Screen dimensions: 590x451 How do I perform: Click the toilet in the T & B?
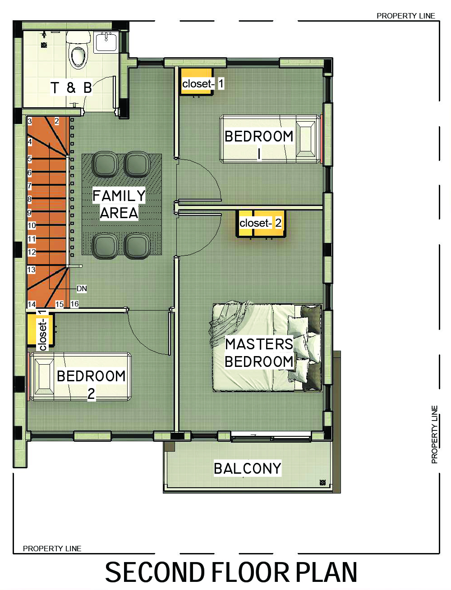[78, 56]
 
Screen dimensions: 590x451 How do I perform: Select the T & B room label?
[71, 87]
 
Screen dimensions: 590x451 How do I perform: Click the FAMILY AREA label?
[119, 204]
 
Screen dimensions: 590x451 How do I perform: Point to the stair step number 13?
[31, 270]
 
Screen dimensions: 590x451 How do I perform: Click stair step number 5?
[30, 159]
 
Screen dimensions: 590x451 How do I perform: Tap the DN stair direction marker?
[82, 288]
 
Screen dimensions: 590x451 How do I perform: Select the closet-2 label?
[261, 223]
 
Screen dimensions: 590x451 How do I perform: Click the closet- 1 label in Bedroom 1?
[202, 83]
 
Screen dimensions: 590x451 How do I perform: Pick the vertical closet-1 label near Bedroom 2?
[42, 330]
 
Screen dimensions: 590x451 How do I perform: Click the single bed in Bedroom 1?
[271, 139]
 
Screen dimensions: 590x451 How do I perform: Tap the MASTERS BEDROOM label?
[259, 353]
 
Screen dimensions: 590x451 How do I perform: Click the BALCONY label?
[248, 468]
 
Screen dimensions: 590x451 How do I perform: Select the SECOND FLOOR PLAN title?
[231, 573]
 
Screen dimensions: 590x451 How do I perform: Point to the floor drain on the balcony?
[322, 482]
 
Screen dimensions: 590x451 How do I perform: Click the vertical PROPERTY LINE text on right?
[435, 434]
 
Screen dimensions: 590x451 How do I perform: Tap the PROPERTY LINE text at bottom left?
[52, 549]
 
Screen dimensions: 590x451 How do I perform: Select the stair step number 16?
[74, 304]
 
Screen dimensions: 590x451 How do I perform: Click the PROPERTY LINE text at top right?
[406, 16]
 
